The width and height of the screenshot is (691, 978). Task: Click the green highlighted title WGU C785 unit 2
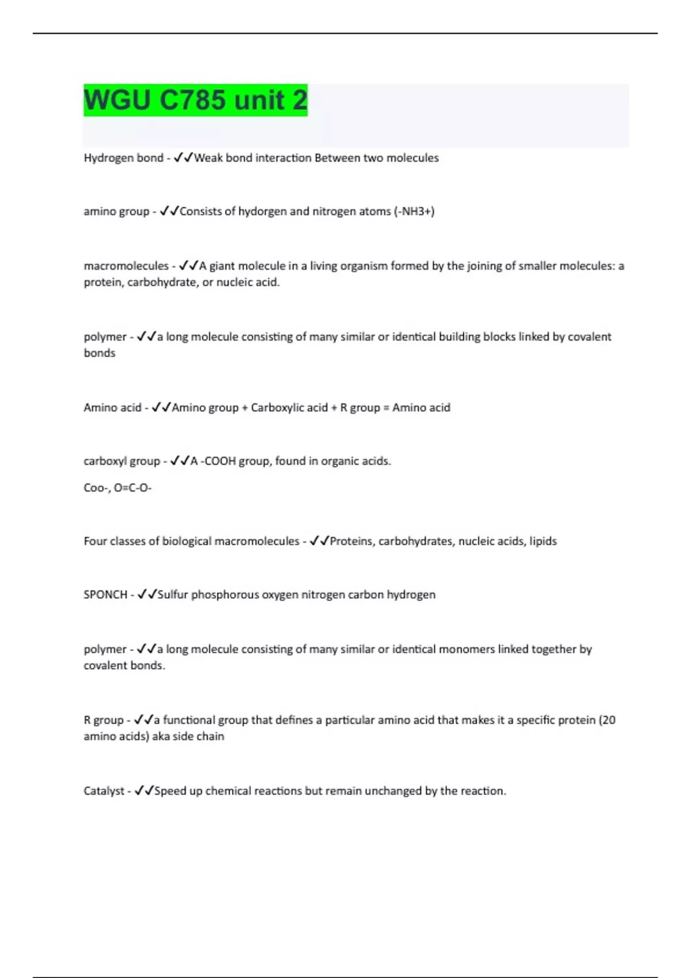click(x=195, y=100)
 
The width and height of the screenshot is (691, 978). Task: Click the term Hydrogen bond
click(x=123, y=158)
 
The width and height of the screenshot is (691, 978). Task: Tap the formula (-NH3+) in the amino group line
click(x=414, y=212)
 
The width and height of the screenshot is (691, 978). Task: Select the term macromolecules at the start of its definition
click(x=126, y=266)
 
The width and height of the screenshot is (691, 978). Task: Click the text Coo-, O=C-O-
click(x=117, y=488)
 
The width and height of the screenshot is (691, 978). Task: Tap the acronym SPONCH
click(x=105, y=595)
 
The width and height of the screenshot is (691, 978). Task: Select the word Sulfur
click(x=173, y=595)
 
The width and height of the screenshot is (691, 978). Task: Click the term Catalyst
click(x=104, y=791)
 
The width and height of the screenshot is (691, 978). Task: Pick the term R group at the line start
click(x=104, y=720)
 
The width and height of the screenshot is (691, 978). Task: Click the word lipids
click(x=543, y=541)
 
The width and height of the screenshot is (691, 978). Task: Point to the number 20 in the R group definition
click(x=609, y=720)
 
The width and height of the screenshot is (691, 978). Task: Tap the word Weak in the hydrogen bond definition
click(x=208, y=158)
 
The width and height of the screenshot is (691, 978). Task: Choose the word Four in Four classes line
click(x=95, y=541)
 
